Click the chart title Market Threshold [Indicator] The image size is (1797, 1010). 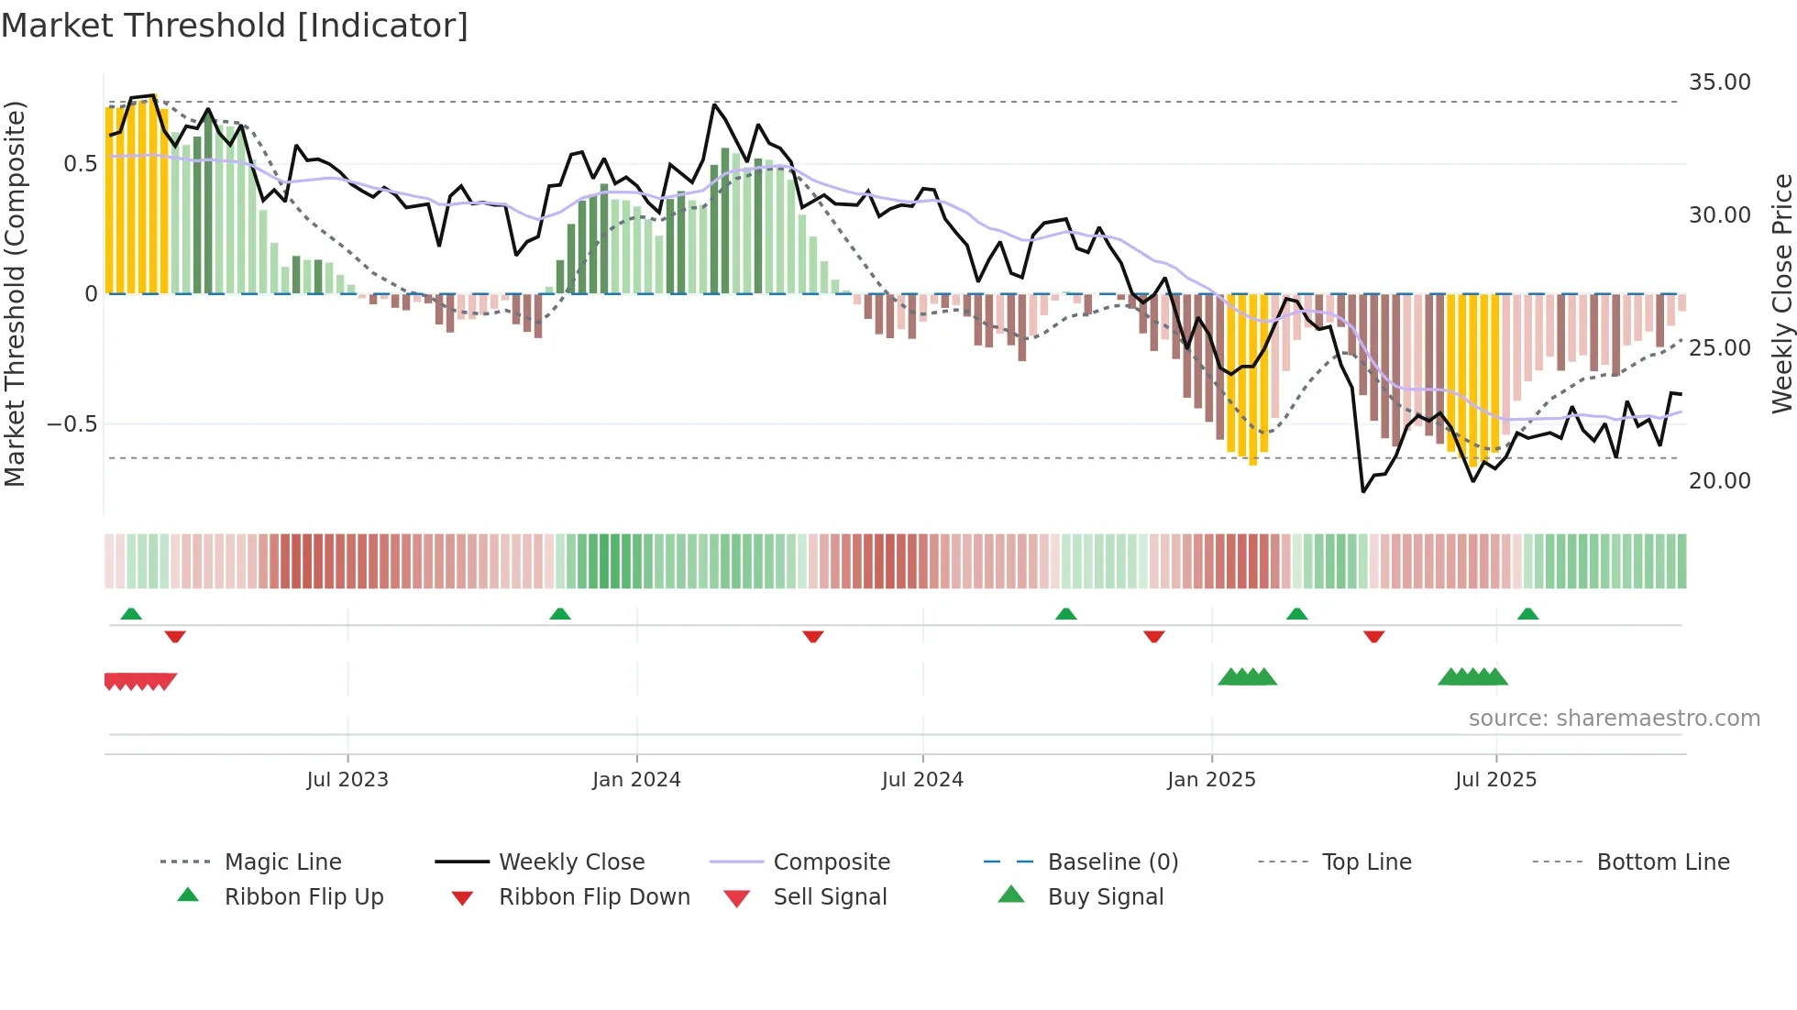(235, 26)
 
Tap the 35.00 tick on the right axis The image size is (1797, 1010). (1719, 82)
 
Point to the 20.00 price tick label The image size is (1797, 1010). (1719, 481)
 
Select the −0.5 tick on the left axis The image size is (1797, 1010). (72, 424)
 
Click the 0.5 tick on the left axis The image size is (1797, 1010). (80, 164)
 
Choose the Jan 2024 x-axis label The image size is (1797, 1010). (636, 780)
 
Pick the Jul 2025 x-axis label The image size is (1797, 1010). (1495, 780)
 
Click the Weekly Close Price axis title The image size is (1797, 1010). (1781, 293)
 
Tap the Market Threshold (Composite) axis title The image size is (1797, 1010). (15, 293)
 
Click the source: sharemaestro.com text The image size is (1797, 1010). (1614, 719)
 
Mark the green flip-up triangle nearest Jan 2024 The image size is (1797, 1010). (560, 614)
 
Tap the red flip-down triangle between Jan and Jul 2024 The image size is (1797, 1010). (812, 636)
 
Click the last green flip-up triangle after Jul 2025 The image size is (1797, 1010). (1527, 614)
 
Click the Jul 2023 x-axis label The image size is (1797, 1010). (347, 780)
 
